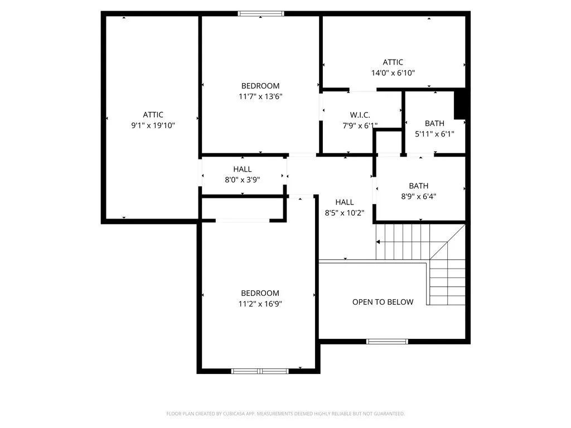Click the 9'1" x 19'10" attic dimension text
(153, 125)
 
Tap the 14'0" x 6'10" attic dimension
(393, 73)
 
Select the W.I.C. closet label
(360, 115)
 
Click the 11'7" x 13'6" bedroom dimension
(260, 96)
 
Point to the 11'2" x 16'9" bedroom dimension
(260, 304)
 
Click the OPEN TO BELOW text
(383, 302)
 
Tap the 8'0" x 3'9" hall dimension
(242, 180)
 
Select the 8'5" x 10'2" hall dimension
(345, 213)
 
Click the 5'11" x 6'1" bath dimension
(434, 134)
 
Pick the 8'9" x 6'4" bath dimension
(418, 197)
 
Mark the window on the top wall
(261, 14)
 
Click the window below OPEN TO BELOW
(387, 342)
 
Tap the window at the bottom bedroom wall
(260, 371)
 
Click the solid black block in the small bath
(459, 104)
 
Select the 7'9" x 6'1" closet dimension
(360, 126)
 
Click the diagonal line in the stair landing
(448, 242)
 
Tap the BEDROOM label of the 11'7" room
(260, 86)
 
